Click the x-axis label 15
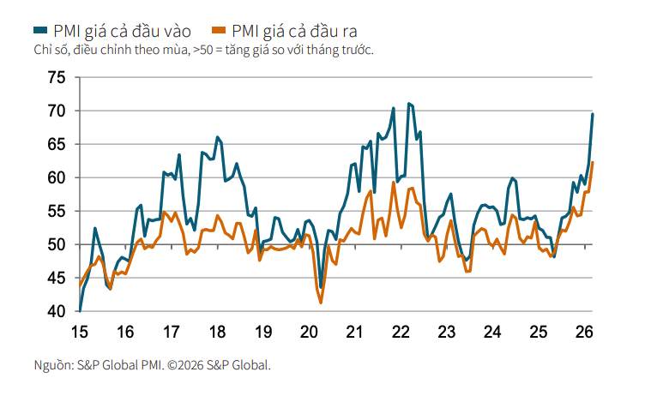click(x=79, y=332)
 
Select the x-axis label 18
click(x=217, y=332)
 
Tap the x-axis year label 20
click(x=309, y=332)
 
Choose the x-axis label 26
click(x=584, y=332)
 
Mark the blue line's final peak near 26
click(x=593, y=114)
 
